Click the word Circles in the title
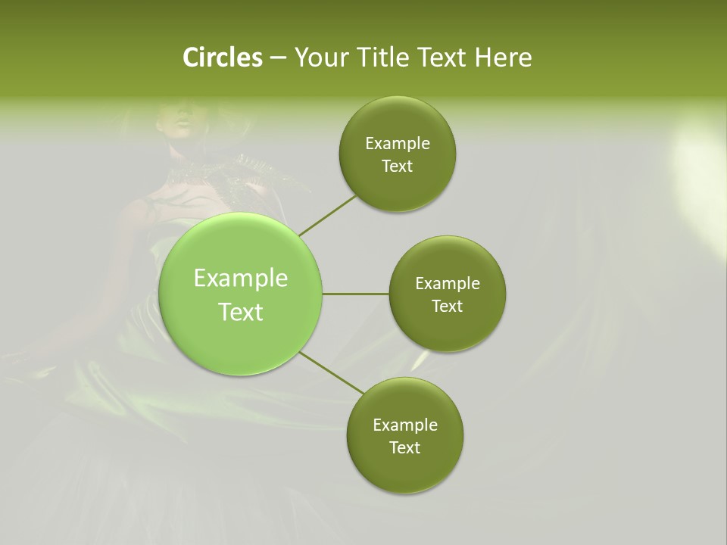(x=222, y=58)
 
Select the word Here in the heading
(x=503, y=58)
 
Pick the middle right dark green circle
(x=447, y=333)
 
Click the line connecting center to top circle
(x=327, y=215)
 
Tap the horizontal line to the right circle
(x=355, y=294)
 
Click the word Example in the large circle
(x=241, y=279)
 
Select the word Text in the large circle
(x=241, y=312)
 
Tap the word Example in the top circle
(x=398, y=144)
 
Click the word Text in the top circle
(x=397, y=167)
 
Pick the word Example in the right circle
(x=448, y=284)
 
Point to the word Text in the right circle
(x=447, y=307)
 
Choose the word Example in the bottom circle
(x=405, y=425)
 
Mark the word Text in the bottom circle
(x=404, y=448)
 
